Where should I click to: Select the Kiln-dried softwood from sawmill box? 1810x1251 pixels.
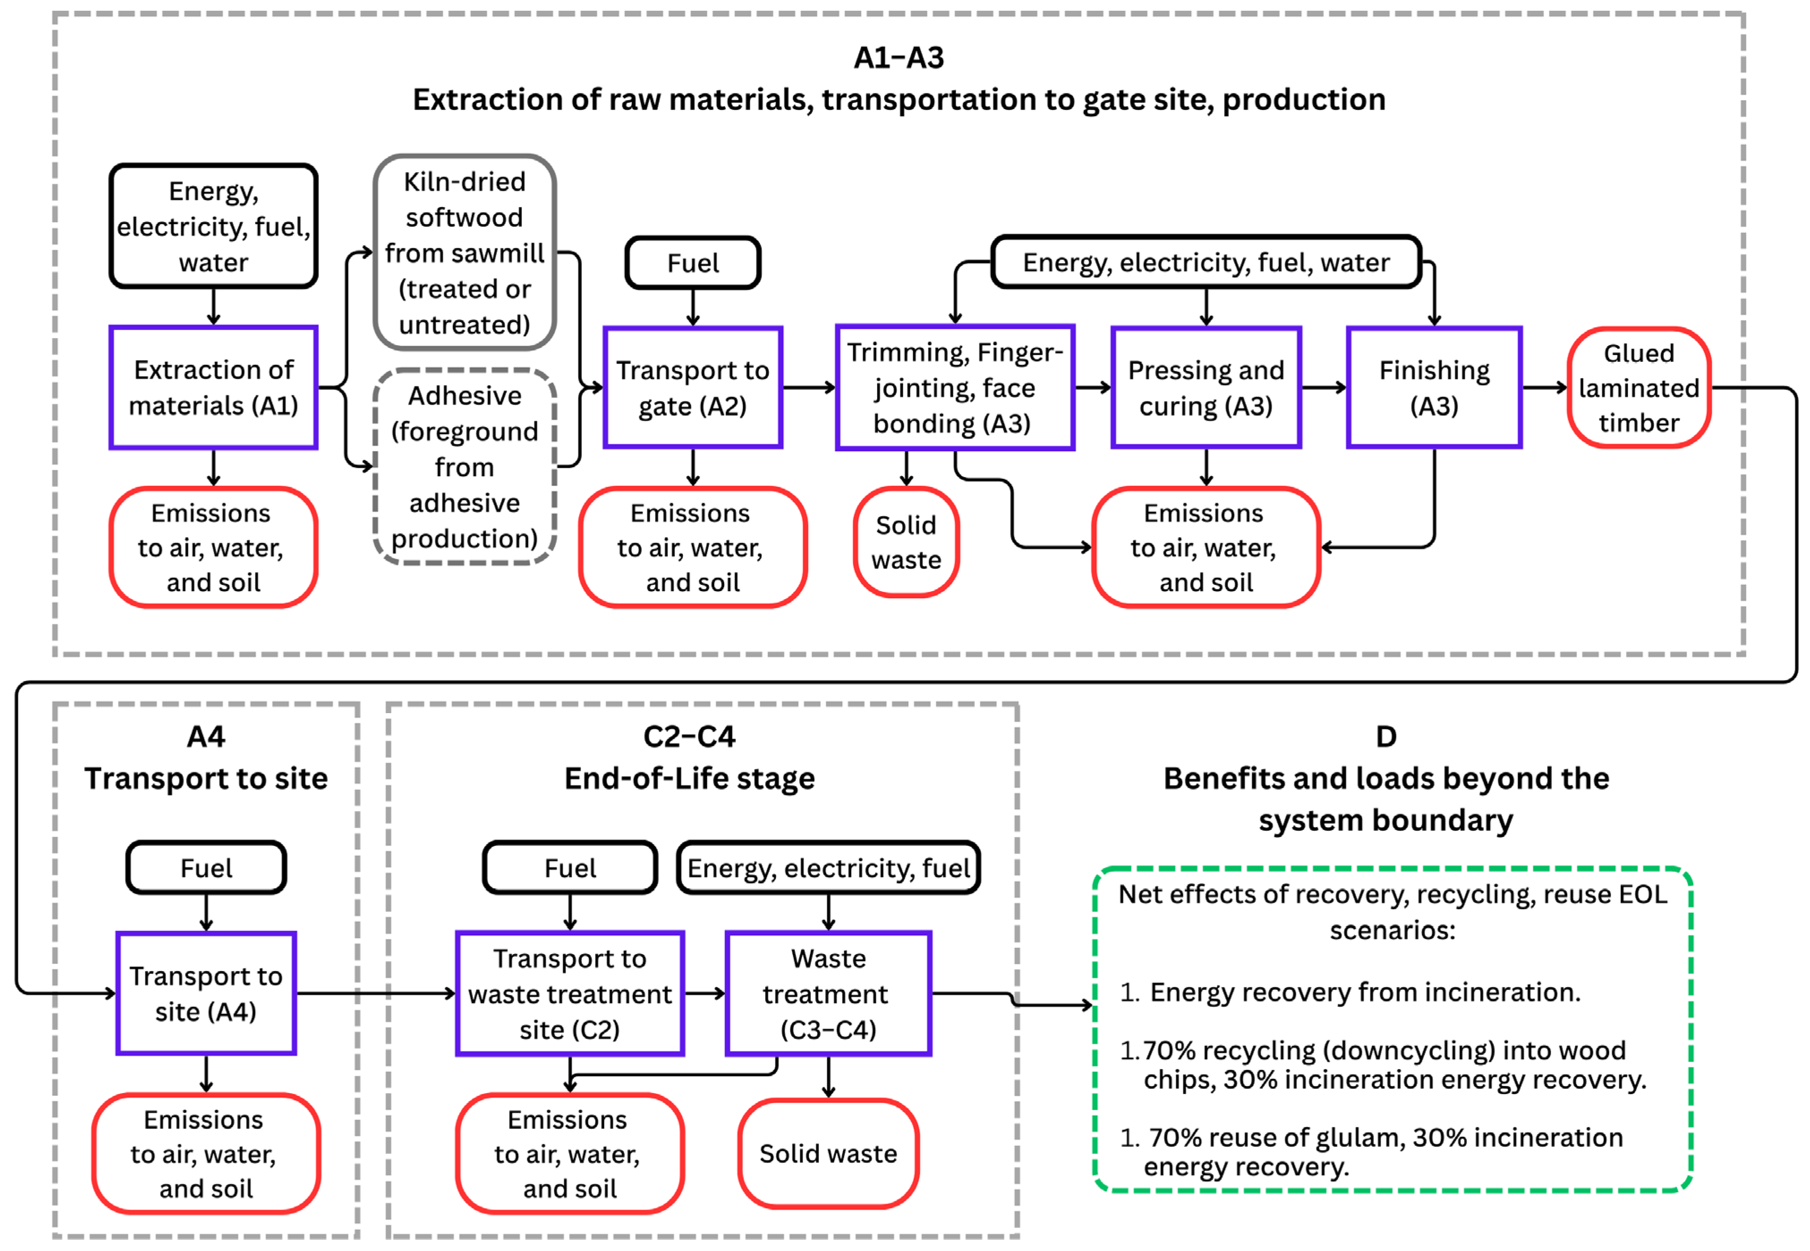[x=464, y=253]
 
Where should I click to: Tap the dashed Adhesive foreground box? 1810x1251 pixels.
[x=464, y=466]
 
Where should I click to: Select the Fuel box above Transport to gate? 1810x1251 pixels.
[x=692, y=262]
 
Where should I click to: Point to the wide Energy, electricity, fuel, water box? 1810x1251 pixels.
[x=1206, y=262]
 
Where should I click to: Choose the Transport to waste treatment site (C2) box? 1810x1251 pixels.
[x=570, y=993]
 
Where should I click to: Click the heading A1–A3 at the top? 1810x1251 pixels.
[x=899, y=57]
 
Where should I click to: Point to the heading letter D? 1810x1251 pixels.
[x=1386, y=736]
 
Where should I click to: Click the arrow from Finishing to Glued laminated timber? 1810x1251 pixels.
[x=1544, y=387]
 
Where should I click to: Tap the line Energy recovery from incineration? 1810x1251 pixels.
[x=1364, y=992]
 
